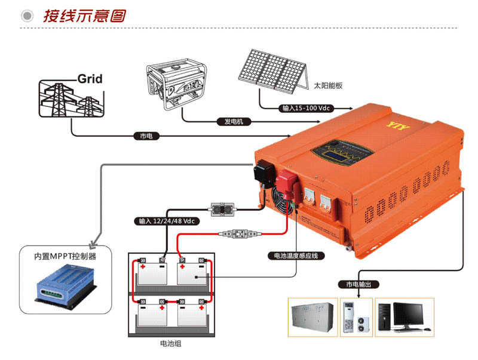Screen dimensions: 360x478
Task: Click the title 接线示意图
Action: [x=84, y=16]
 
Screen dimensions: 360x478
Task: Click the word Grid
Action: [x=90, y=79]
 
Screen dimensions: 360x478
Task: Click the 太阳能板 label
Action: [x=328, y=86]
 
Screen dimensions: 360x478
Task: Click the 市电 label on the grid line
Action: [x=146, y=137]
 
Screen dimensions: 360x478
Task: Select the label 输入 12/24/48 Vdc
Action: [x=167, y=221]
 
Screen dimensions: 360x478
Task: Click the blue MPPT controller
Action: [x=64, y=284]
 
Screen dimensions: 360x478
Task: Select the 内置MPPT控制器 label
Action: [x=65, y=257]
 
